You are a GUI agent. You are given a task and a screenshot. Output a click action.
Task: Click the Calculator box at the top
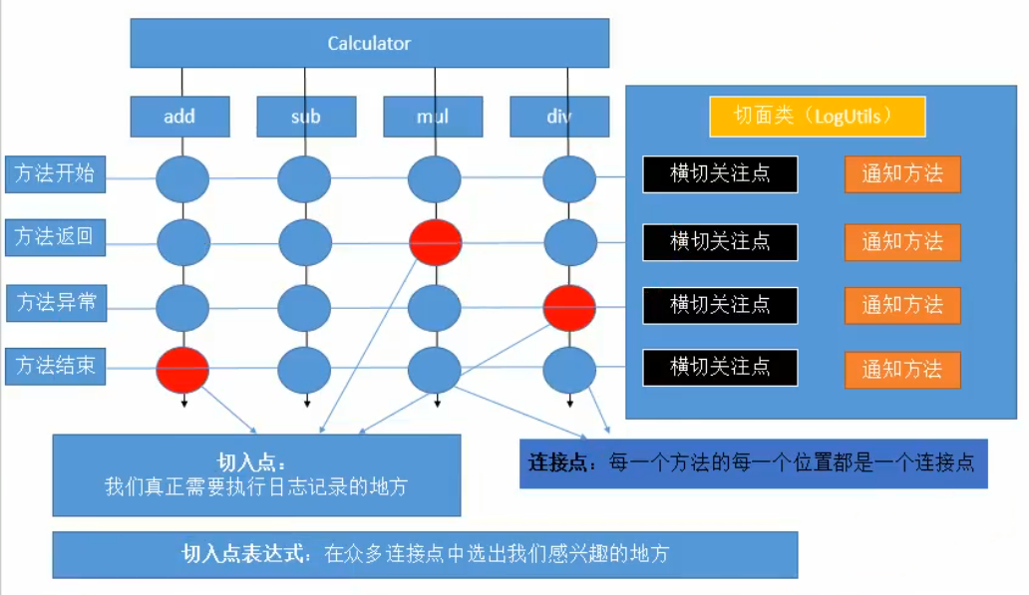370,43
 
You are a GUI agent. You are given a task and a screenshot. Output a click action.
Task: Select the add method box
179,117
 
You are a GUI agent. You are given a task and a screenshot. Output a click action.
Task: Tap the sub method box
306,117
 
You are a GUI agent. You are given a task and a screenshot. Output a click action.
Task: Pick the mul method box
433,117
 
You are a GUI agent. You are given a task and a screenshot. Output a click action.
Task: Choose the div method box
559,117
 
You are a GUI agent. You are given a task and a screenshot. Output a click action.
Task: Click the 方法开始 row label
55,173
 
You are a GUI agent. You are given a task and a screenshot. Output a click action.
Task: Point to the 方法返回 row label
55,237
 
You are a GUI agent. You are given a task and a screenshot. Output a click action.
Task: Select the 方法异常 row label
57,302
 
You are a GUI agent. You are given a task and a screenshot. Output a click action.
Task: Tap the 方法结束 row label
55,366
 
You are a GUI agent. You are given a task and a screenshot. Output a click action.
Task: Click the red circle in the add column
182,370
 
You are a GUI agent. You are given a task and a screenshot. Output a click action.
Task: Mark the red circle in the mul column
435,243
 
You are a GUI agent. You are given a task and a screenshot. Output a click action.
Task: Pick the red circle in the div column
569,308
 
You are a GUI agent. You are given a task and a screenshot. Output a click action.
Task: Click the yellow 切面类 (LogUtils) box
817,117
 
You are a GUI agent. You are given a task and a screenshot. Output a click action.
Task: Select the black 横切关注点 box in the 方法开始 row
720,174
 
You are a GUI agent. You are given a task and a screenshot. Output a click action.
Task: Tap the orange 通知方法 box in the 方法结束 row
902,370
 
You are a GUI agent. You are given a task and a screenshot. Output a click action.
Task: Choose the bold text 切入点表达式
243,554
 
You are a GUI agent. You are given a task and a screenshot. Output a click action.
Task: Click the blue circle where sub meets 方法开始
304,178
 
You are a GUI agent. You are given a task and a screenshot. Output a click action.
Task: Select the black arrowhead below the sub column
307,404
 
